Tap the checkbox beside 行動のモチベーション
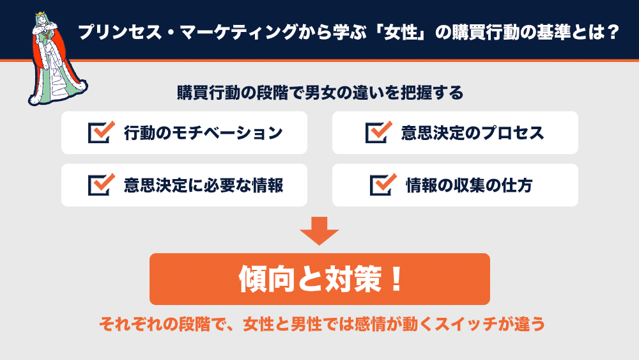click(x=101, y=132)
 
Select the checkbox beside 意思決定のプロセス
click(x=378, y=132)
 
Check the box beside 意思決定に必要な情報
click(x=101, y=185)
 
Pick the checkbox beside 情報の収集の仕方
click(x=383, y=185)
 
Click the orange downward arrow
click(x=319, y=231)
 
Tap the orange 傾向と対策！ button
click(x=319, y=279)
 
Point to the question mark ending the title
click(x=613, y=32)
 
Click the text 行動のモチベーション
click(x=203, y=132)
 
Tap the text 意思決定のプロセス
click(x=472, y=132)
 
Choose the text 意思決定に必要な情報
click(x=203, y=185)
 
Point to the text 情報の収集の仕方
click(x=469, y=185)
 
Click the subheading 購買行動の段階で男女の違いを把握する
click(x=320, y=93)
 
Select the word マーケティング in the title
click(x=238, y=32)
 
